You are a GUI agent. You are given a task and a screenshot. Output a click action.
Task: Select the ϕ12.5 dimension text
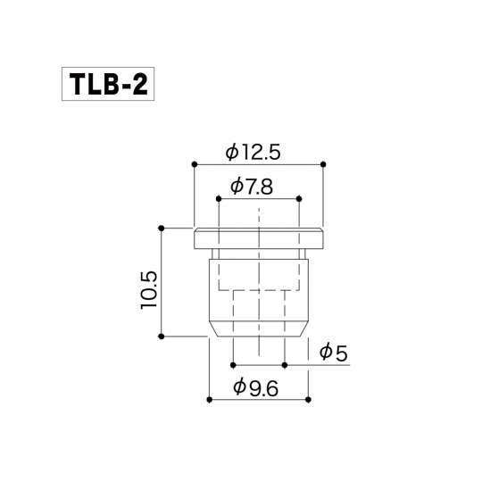tap(253, 153)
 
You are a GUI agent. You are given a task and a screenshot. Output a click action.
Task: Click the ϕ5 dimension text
tap(332, 353)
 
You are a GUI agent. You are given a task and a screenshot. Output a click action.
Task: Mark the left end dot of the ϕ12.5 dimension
tap(194, 164)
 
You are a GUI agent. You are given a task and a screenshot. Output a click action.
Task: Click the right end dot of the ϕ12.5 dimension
tap(322, 164)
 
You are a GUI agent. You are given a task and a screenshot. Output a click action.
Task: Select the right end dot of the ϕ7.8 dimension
tap(298, 198)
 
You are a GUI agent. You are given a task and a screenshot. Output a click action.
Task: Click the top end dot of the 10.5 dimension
tap(162, 227)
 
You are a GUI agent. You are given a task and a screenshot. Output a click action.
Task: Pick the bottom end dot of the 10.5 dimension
tap(162, 336)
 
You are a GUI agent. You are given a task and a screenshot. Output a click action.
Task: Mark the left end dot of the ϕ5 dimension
tap(233, 365)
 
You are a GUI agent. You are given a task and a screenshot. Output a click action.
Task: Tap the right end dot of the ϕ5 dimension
tap(284, 365)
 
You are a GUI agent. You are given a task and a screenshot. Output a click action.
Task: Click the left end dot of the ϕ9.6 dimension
tap(209, 399)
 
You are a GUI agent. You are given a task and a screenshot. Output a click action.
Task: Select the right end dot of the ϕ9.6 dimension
tap(308, 399)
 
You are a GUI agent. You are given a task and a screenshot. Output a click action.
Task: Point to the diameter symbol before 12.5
tap(232, 153)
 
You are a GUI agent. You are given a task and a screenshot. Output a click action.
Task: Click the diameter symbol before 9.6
tap(239, 387)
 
